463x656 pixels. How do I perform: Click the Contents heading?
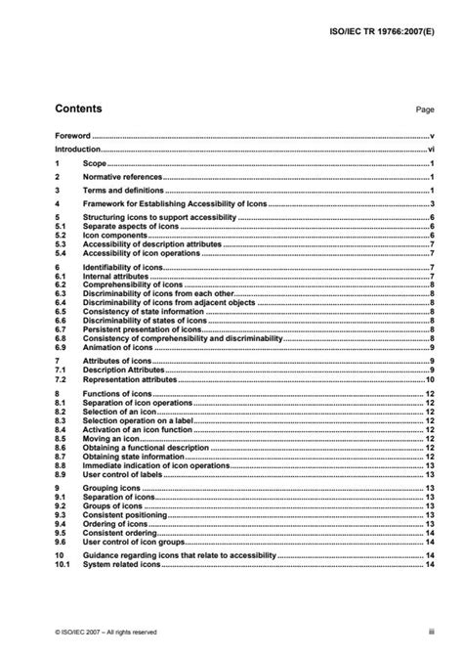pyautogui.click(x=78, y=109)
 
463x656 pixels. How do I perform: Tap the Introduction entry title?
pyautogui.click(x=78, y=151)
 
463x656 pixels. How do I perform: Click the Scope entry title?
pyautogui.click(x=95, y=165)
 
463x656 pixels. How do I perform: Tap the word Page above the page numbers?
pyautogui.click(x=424, y=111)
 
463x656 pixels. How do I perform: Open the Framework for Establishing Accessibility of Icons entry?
pyautogui.click(x=165, y=202)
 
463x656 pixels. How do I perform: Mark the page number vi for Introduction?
pyautogui.click(x=430, y=151)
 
